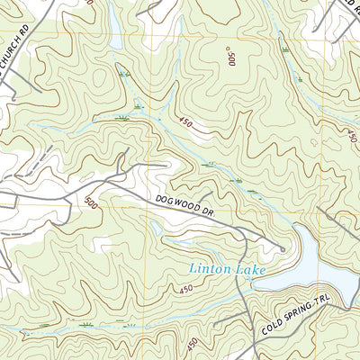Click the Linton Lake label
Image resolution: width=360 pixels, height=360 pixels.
click(x=223, y=267)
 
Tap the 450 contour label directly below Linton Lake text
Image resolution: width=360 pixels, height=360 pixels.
click(x=184, y=289)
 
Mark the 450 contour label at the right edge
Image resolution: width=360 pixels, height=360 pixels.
click(x=349, y=135)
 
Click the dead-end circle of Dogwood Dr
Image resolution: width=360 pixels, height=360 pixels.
click(x=283, y=249)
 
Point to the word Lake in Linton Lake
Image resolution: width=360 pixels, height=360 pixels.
click(x=244, y=267)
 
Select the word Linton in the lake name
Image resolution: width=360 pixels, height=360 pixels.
click(x=206, y=267)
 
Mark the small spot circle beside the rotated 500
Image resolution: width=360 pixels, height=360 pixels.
click(x=229, y=49)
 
